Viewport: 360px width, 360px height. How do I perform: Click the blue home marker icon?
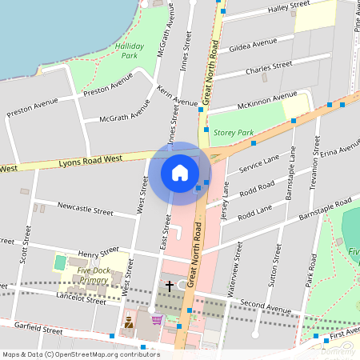click(x=180, y=172)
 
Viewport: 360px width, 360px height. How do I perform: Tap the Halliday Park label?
click(x=129, y=51)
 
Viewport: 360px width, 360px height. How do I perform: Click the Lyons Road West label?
click(x=90, y=160)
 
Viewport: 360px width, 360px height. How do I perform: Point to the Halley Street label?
click(x=290, y=6)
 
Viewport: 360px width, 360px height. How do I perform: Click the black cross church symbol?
click(x=170, y=285)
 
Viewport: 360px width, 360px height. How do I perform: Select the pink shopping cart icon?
click(x=157, y=320)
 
